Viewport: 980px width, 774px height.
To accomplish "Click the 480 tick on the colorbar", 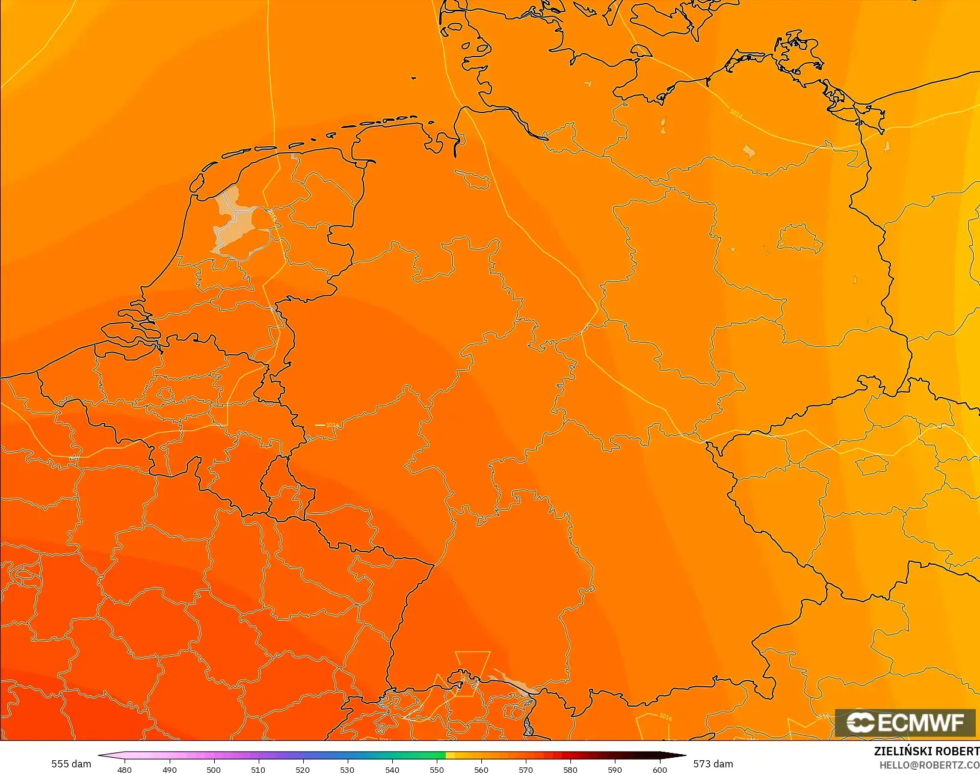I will tap(125, 769).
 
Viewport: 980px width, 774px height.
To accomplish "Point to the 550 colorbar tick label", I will tap(437, 769).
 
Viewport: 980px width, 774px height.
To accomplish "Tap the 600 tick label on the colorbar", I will tap(660, 769).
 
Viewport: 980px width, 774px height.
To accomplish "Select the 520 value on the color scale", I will tap(303, 769).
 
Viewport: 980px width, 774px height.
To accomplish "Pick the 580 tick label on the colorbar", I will tap(570, 769).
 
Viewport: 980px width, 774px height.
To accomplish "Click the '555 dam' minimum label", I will tap(71, 764).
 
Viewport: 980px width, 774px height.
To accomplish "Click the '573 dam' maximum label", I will tap(713, 764).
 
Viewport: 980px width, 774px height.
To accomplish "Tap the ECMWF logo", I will tap(905, 722).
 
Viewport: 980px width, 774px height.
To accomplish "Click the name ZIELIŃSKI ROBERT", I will tap(926, 751).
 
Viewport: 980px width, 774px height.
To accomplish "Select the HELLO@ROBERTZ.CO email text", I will tap(929, 765).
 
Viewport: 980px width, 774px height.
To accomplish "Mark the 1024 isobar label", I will tap(736, 113).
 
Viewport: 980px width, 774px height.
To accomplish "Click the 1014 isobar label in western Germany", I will tap(332, 425).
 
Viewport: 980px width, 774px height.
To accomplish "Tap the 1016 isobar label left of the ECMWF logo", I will tap(665, 716).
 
